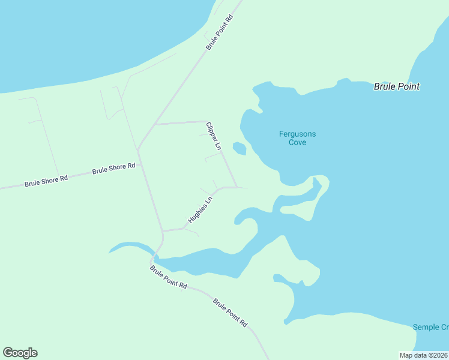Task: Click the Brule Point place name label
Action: click(x=396, y=86)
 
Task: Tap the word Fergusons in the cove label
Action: click(x=297, y=134)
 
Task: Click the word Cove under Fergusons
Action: click(x=297, y=142)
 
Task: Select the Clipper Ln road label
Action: click(x=214, y=136)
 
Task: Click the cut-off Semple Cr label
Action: click(x=430, y=327)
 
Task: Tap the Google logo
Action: click(x=20, y=353)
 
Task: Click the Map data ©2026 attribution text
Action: click(x=424, y=355)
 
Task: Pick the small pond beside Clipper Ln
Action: click(x=239, y=148)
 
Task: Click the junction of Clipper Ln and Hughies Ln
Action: click(x=236, y=187)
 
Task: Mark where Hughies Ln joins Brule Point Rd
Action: click(x=163, y=230)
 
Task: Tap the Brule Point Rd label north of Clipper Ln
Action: click(x=219, y=32)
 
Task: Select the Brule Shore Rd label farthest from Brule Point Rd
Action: click(x=47, y=181)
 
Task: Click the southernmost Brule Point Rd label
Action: click(x=230, y=312)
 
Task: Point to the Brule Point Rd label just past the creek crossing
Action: click(x=169, y=277)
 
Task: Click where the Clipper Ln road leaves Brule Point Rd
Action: click(x=155, y=124)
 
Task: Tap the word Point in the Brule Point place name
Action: click(x=408, y=86)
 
